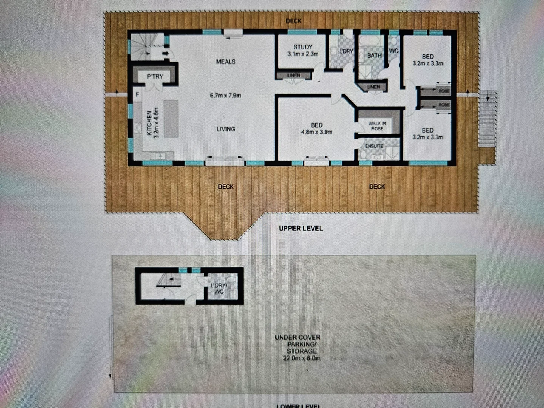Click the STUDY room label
coord(303,47)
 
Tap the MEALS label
coord(226,62)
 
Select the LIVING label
coord(226,129)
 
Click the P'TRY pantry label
coord(155,77)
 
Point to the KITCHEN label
coord(149,123)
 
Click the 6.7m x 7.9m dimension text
coord(226,96)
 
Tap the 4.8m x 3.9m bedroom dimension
coord(317,132)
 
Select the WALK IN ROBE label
coord(377,126)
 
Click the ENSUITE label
coord(374,146)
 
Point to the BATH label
coord(374,56)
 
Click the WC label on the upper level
coord(393,51)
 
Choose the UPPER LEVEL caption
coord(301,228)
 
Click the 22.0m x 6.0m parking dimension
coord(301,358)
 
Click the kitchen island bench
coord(171,118)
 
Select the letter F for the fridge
coord(138,94)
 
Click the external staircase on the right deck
coord(487,119)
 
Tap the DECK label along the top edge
coord(294,21)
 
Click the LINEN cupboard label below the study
coord(294,76)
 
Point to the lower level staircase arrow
coord(172,280)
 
